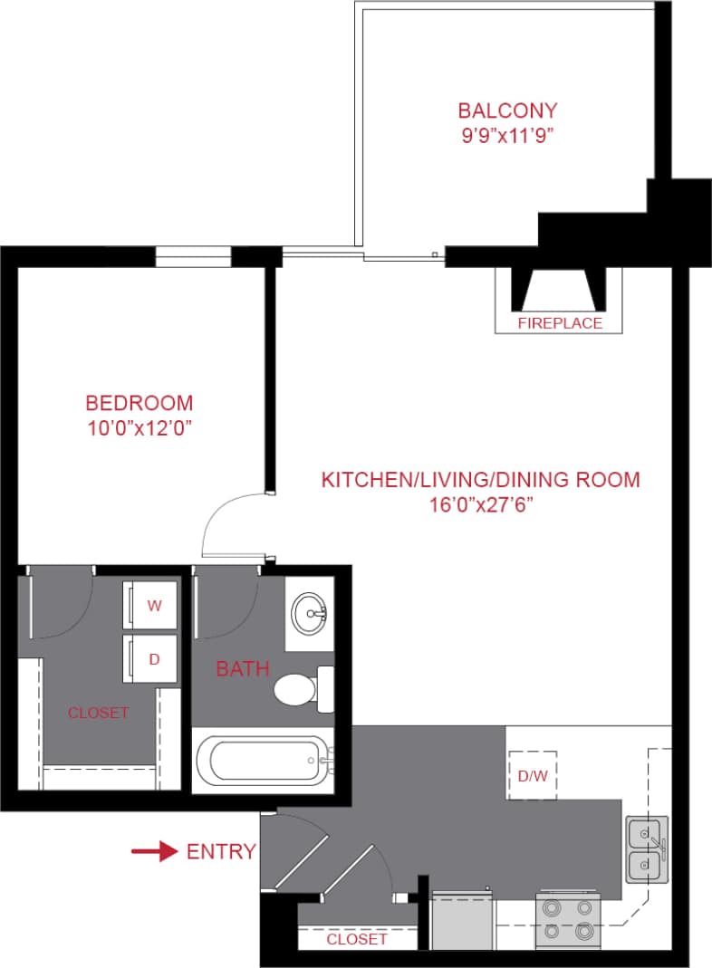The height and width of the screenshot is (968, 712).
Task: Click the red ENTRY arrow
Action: pyautogui.click(x=153, y=851)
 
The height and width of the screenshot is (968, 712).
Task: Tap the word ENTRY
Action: pyautogui.click(x=220, y=851)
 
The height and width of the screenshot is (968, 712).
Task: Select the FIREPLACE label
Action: pyautogui.click(x=560, y=323)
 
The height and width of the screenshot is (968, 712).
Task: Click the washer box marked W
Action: pyautogui.click(x=153, y=606)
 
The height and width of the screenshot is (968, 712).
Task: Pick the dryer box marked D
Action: pyautogui.click(x=153, y=658)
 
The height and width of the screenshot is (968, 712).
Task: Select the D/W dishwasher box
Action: pyautogui.click(x=532, y=775)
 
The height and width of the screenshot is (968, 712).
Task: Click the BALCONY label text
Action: pyautogui.click(x=507, y=111)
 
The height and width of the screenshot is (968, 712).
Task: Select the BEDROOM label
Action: pyautogui.click(x=139, y=403)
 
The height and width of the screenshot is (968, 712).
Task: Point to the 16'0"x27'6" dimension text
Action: pyautogui.click(x=480, y=505)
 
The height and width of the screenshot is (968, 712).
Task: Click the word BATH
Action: pyautogui.click(x=242, y=669)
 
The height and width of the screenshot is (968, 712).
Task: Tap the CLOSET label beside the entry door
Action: pyautogui.click(x=357, y=939)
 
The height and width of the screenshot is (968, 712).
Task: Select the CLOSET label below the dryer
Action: pyautogui.click(x=98, y=713)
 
